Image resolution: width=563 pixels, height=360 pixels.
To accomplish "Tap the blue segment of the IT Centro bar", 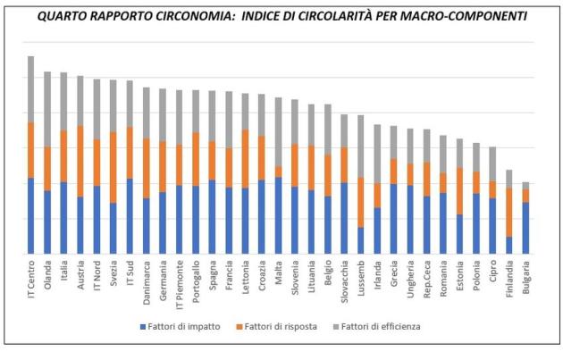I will (x=30, y=215).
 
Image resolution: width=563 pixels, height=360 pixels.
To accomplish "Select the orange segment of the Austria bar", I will (x=80, y=161).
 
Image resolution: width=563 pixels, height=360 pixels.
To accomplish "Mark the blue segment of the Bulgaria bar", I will (x=525, y=228).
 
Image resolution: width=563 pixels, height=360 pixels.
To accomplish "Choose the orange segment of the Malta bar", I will (x=278, y=172).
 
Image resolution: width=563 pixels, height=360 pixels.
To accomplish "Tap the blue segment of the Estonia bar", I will (x=459, y=234).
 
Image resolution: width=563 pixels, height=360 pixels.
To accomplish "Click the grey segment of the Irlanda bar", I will (x=377, y=154).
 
